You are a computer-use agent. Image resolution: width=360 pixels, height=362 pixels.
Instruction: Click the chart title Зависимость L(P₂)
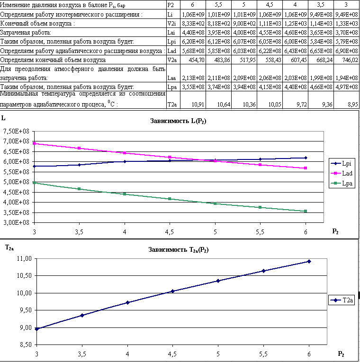tap(178, 121)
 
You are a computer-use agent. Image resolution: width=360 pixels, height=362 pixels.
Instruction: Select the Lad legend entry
tap(342, 173)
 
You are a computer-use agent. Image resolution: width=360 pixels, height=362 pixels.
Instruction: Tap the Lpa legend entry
tap(342, 183)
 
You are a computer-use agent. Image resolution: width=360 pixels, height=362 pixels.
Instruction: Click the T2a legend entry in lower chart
tap(342, 300)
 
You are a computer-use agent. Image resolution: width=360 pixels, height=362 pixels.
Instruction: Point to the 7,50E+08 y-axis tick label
tap(16, 131)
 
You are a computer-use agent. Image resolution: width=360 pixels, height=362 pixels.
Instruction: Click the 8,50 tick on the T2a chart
tap(24, 344)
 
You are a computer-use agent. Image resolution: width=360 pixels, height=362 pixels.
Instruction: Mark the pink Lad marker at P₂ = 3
tap(34, 143)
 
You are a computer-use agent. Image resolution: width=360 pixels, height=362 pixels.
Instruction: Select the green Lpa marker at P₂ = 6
tap(306, 211)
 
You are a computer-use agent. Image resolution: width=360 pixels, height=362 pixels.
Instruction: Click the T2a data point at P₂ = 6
tap(309, 261)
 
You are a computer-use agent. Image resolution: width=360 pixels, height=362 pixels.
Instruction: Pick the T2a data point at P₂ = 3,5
tap(82, 315)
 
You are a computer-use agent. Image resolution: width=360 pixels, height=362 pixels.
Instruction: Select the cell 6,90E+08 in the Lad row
tap(346, 51)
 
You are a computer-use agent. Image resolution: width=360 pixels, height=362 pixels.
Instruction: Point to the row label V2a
tap(172, 60)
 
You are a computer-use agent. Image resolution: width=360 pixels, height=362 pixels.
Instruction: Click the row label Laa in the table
tap(171, 78)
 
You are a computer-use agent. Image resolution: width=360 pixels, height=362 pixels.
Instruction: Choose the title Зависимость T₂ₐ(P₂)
tap(179, 250)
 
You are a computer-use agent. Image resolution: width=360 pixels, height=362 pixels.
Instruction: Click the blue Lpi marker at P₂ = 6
tap(306, 158)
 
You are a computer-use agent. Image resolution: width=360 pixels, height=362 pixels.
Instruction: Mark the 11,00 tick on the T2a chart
tap(24, 258)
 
